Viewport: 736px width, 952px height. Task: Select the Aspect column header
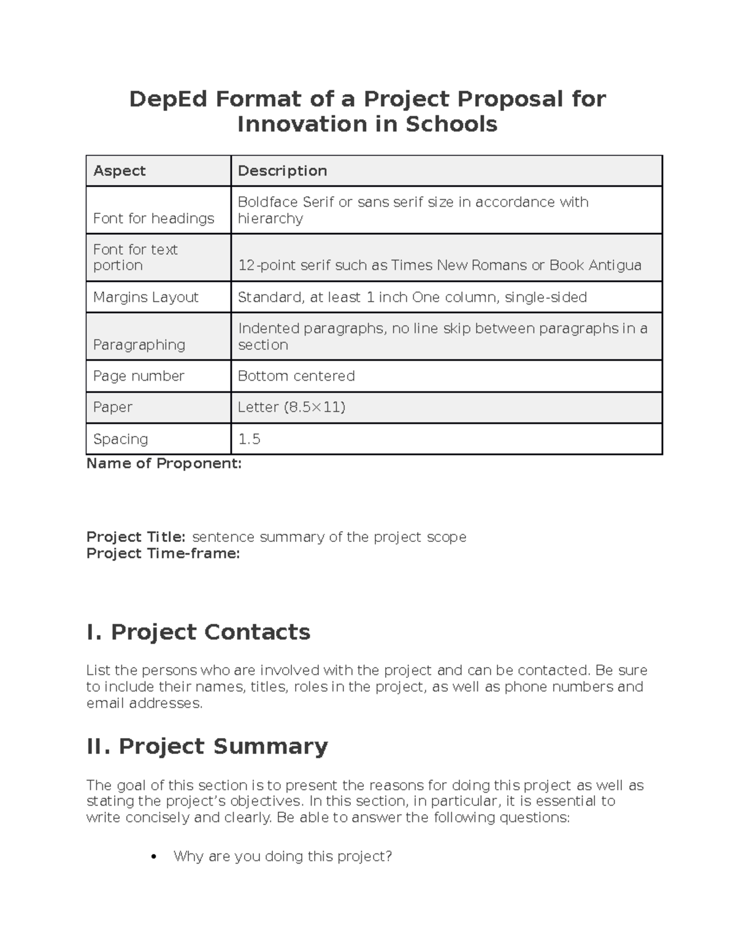point(120,171)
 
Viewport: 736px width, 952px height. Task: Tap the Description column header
point(282,171)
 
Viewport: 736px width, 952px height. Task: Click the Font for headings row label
point(153,218)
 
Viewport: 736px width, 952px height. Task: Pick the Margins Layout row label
point(146,297)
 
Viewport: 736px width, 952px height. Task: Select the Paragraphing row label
point(139,345)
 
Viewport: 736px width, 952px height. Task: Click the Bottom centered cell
point(296,376)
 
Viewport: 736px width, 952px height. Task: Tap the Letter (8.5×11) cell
point(291,407)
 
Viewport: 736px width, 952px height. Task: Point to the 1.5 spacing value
point(249,439)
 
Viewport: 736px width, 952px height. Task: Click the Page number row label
point(139,376)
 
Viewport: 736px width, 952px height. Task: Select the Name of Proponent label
point(164,463)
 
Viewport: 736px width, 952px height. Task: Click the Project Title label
point(136,537)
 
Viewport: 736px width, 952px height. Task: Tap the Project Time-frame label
point(163,554)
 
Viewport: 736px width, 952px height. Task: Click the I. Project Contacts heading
point(198,632)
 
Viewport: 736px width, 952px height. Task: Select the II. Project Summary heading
point(207,746)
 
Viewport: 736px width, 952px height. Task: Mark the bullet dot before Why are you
point(154,856)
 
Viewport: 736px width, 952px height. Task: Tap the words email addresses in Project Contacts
point(144,703)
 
